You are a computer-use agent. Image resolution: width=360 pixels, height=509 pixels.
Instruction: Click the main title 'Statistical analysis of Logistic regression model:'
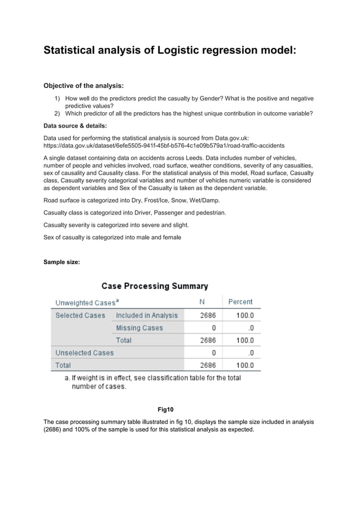[x=169, y=50]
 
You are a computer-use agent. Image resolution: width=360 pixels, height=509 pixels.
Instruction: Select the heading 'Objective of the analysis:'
[x=84, y=86]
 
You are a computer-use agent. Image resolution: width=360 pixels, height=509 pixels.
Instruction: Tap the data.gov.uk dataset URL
[x=164, y=145]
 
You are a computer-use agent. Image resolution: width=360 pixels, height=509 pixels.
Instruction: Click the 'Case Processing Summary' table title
[x=155, y=286]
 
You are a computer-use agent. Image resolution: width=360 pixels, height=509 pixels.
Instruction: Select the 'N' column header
[x=202, y=302]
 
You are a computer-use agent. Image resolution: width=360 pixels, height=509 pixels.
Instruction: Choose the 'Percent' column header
[x=240, y=302]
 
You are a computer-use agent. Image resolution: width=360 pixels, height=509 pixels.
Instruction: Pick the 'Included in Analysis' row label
[x=147, y=315]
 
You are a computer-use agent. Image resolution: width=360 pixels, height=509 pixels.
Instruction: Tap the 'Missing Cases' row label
[x=139, y=328]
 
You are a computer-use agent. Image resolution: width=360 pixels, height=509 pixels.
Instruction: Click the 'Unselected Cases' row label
[x=84, y=353]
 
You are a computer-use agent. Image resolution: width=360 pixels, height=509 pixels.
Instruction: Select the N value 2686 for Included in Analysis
[x=208, y=315]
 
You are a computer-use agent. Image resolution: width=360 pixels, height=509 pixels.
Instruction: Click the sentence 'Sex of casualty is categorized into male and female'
[x=112, y=238]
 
